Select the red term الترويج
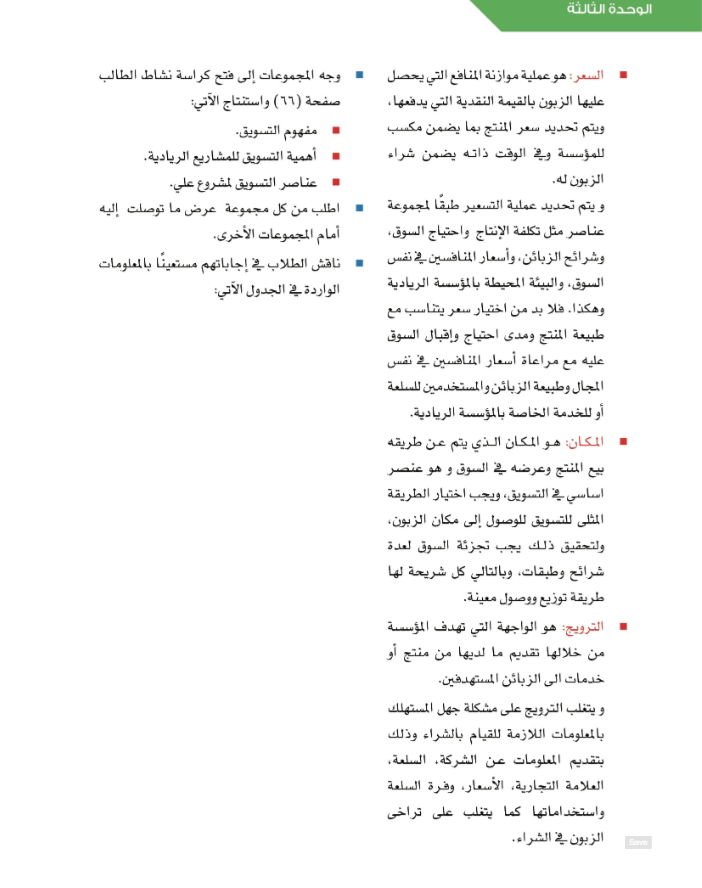pos(582,627)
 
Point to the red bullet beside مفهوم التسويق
pos(335,130)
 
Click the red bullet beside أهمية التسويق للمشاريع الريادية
pos(335,156)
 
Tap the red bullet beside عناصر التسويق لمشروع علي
pos(335,183)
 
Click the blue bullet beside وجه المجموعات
pos(358,75)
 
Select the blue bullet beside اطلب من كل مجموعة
pos(358,209)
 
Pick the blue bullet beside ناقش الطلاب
pos(358,263)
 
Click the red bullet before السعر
pos(623,75)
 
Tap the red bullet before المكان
pos(623,441)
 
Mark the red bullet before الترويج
pos(623,627)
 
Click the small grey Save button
pos(638,842)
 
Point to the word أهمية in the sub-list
pos(304,156)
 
